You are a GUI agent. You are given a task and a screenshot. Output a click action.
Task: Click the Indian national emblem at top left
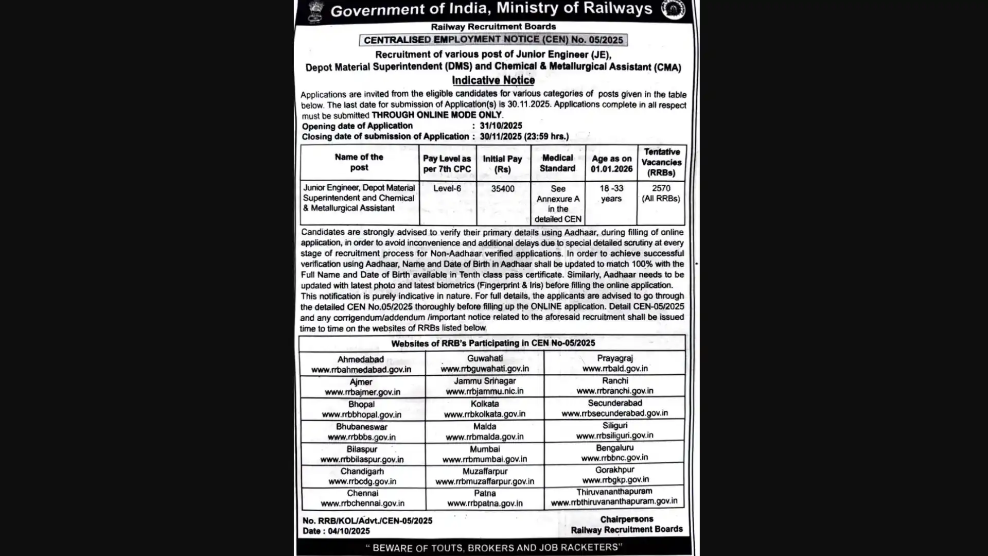point(314,10)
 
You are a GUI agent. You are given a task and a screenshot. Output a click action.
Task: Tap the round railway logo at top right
point(673,10)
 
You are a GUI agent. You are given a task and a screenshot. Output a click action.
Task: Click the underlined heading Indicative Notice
point(493,80)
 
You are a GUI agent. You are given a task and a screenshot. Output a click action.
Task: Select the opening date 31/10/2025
point(501,126)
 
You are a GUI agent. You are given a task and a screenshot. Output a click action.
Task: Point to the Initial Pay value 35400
point(502,189)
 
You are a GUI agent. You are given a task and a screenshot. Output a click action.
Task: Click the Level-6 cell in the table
point(447,188)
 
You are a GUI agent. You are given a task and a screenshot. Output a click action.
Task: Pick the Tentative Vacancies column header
point(661,162)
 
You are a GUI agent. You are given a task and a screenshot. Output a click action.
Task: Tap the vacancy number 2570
point(661,188)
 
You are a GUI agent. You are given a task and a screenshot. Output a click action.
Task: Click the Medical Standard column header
point(557,163)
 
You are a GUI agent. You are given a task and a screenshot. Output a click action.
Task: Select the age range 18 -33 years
point(611,194)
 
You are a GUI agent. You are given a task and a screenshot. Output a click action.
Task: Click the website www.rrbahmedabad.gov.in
point(361,370)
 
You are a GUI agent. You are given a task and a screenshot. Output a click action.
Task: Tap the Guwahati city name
point(485,358)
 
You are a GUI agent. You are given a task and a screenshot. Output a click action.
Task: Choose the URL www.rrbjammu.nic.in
point(485,391)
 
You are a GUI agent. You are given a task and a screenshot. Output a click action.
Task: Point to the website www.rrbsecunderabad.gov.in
point(614,413)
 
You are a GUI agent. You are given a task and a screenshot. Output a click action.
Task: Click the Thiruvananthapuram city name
point(614,492)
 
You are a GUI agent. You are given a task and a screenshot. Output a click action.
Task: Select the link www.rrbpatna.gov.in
point(485,503)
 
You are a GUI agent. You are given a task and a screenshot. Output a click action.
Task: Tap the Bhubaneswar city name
point(361,427)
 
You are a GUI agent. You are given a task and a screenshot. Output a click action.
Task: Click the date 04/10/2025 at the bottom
point(350,531)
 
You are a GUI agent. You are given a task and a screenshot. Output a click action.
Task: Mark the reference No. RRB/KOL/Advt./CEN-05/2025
point(367,521)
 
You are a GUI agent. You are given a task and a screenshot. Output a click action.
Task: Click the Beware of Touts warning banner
point(493,548)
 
